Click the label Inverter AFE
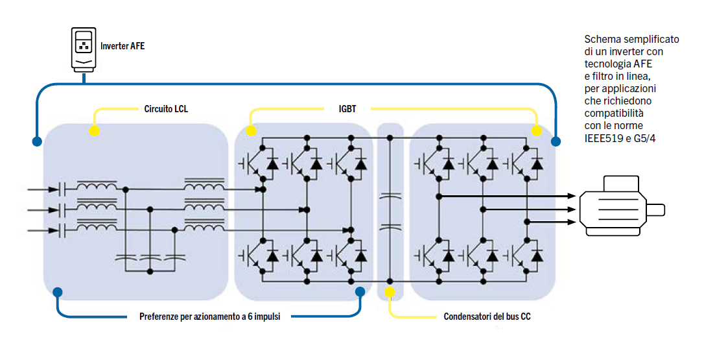(x=123, y=46)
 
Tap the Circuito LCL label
(x=166, y=109)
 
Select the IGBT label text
(x=347, y=109)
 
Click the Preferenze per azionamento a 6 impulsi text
(x=209, y=317)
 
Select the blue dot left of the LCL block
(x=36, y=141)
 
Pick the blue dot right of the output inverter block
(x=556, y=141)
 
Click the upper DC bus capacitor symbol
(x=390, y=195)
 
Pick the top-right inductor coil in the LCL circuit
(x=204, y=187)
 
